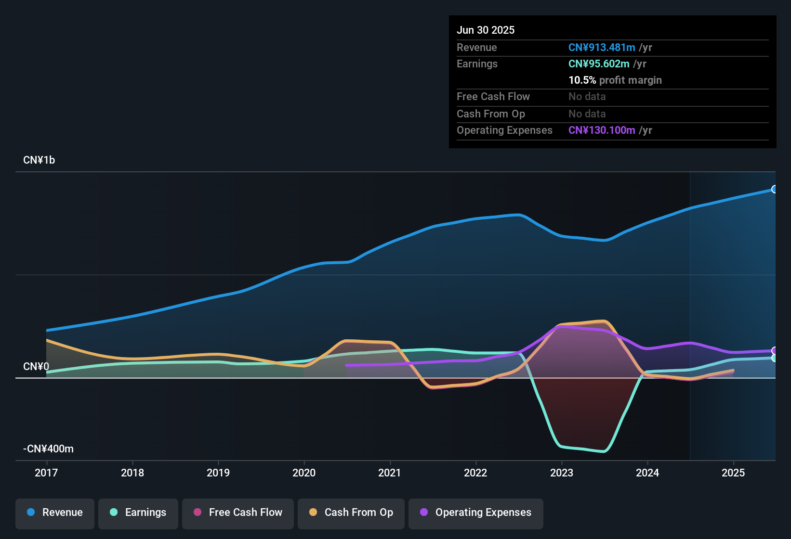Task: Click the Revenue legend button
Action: coord(55,513)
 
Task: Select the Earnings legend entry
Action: coord(138,513)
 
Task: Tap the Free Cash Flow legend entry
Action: coord(238,513)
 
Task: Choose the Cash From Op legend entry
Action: coord(351,513)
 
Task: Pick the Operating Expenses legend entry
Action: coord(476,513)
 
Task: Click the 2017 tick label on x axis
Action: coord(46,473)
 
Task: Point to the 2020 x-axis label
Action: coord(304,473)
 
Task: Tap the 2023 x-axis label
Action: coord(562,473)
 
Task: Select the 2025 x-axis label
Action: coord(733,473)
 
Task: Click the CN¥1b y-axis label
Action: coord(39,160)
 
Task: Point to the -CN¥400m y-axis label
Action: coord(48,449)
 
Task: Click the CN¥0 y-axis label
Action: coord(36,367)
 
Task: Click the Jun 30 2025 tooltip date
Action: coord(486,30)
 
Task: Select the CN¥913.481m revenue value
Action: coord(602,48)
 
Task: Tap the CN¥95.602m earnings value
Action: coord(599,64)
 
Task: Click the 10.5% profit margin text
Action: coord(615,80)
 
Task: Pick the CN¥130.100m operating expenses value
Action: coord(602,130)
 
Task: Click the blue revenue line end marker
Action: coord(774,189)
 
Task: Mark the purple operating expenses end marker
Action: coord(775,351)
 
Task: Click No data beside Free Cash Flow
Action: coord(587,97)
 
